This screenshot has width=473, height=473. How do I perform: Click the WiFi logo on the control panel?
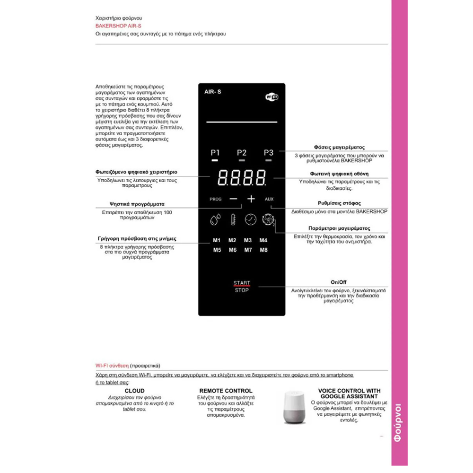[x=272, y=97]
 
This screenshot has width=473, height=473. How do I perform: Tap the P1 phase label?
[x=215, y=153]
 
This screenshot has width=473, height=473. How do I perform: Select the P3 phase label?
[x=269, y=153]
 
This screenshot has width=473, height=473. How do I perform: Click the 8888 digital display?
[x=241, y=179]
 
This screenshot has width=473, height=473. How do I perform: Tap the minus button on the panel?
[x=233, y=199]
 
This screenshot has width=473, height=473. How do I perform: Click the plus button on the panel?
[x=251, y=199]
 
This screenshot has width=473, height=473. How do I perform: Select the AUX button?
[x=269, y=199]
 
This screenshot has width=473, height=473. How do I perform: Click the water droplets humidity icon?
[x=215, y=220]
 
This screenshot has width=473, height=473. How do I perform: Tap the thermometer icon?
[x=233, y=220]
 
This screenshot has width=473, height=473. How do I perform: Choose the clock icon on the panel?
[x=251, y=219]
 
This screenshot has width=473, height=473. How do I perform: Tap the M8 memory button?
[x=263, y=250]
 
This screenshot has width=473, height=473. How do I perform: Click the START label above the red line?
[x=242, y=283]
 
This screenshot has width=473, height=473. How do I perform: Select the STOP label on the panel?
[x=242, y=290]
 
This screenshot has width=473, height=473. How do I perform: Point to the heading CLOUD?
[x=135, y=391]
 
